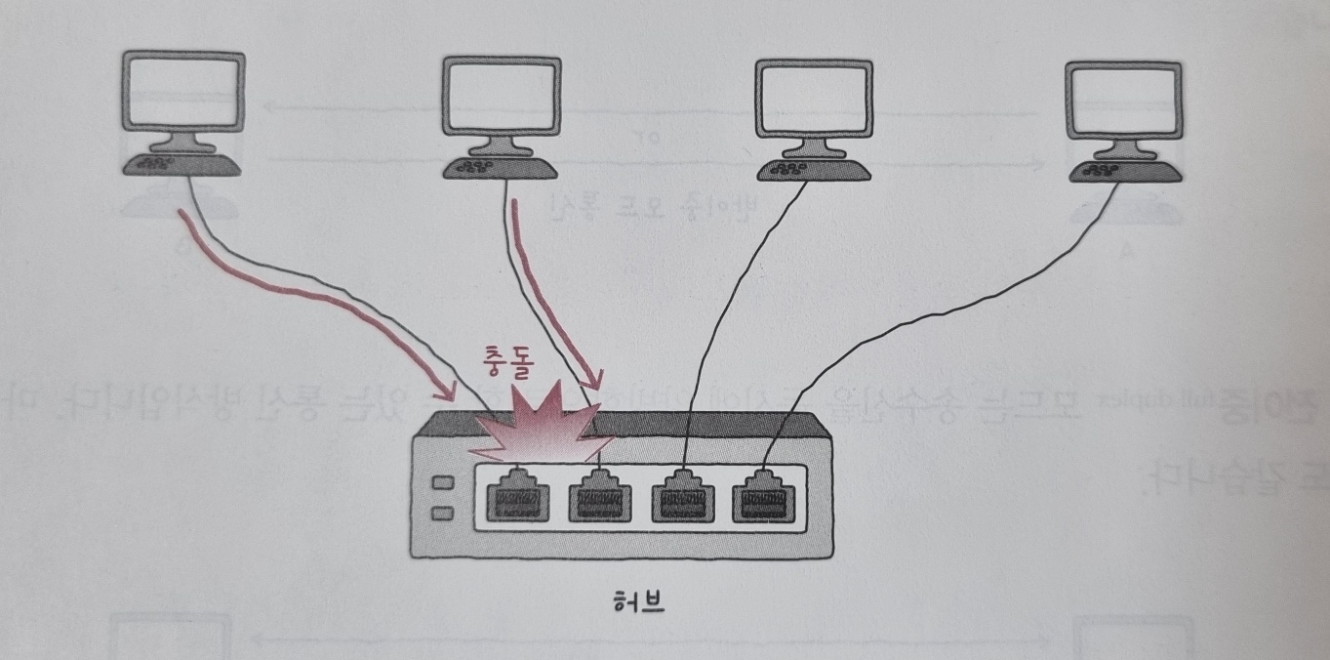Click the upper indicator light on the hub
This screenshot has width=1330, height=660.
click(x=442, y=483)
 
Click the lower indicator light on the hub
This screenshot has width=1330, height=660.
click(x=442, y=512)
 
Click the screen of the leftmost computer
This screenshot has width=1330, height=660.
click(x=185, y=92)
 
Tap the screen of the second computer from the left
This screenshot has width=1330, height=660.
click(x=502, y=96)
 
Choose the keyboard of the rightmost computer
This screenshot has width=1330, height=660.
click(x=1124, y=171)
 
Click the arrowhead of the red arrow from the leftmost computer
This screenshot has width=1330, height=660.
click(x=448, y=392)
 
